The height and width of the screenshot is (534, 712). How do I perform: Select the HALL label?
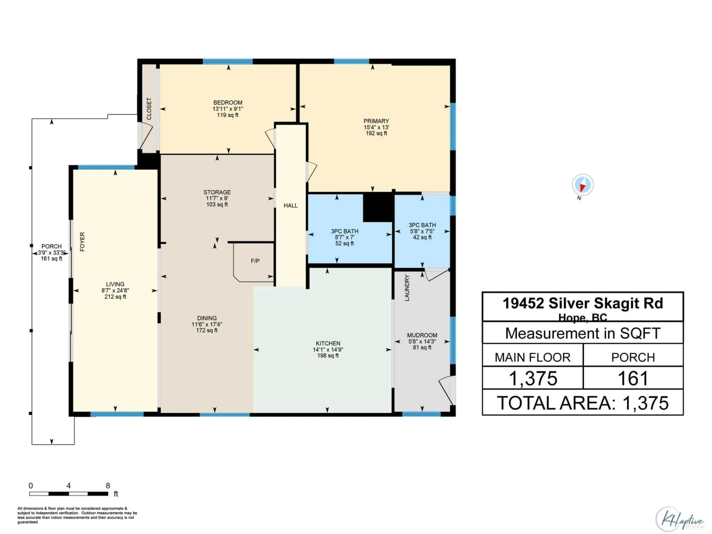click(x=290, y=206)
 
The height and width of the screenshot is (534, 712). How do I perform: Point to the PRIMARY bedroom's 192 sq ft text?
click(x=376, y=133)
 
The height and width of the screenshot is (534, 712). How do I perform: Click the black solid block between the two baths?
click(x=378, y=208)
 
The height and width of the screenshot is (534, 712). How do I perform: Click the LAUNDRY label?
click(x=407, y=288)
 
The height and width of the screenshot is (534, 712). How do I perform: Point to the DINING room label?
click(x=207, y=318)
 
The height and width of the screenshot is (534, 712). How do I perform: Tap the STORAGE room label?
click(x=217, y=192)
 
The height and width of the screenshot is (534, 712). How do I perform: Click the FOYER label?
click(x=82, y=241)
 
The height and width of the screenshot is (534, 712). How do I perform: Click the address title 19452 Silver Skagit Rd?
click(x=583, y=303)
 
